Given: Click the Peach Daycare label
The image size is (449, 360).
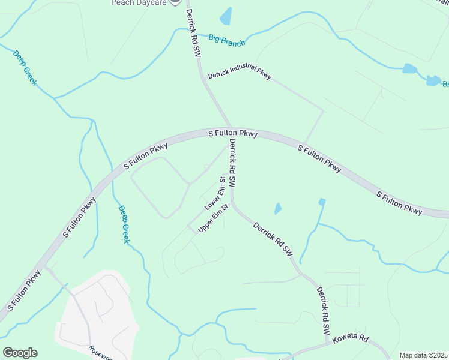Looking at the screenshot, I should tap(137, 2).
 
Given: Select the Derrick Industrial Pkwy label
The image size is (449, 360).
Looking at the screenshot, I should tap(240, 76).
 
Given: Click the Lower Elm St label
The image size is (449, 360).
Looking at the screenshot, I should tap(214, 193).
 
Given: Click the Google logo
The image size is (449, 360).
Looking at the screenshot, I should tap(20, 353).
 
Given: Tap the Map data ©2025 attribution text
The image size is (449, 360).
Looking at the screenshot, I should tap(423, 355).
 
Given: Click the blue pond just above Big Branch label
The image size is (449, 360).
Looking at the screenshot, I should tap(226, 17).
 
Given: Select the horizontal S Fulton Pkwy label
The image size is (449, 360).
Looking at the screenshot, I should tap(233, 133).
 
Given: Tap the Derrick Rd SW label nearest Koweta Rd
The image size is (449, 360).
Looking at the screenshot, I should tap(323, 310).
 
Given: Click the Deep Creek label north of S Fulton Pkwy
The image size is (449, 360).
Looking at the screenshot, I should tap(25, 67).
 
